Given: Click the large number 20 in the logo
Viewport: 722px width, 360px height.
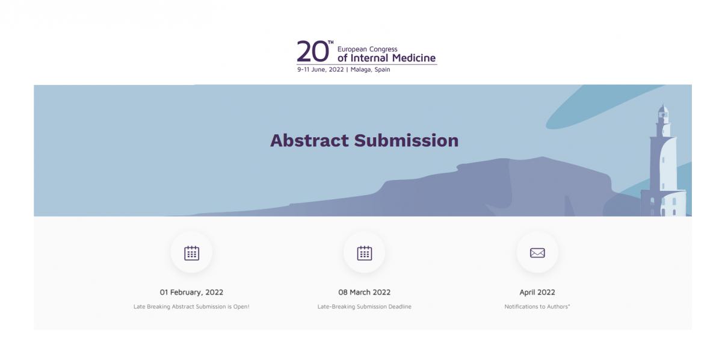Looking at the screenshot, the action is point(313,52).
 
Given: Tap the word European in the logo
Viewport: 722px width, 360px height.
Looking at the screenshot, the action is point(352,49).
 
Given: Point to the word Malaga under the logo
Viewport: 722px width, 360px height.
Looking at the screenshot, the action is point(361,70).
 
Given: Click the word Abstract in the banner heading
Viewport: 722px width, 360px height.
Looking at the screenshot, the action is point(309,141).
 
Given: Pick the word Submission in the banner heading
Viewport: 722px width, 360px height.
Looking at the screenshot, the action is point(406,141).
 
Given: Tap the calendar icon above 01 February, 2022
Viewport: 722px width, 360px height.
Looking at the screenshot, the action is point(191,253).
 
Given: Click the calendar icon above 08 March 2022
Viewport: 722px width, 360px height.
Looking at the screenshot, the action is point(364,253).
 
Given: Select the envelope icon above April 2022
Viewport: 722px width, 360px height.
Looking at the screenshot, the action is point(537,253).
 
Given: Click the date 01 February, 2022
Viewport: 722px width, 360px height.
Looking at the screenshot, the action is point(191,292).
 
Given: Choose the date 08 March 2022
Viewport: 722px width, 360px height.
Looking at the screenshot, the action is point(364,292).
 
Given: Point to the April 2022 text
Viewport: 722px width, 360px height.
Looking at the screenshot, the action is point(537,292).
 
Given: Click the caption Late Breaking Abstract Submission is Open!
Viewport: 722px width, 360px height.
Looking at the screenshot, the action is point(191,306).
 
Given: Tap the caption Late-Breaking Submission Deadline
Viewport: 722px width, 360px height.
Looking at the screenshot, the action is point(364,306).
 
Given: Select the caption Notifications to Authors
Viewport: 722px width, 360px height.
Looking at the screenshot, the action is point(537,306).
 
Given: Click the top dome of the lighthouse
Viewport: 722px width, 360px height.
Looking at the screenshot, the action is point(663,109).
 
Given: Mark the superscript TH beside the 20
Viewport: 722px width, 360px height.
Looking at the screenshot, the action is point(331,42).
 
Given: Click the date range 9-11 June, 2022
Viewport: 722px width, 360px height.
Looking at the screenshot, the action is point(320,70).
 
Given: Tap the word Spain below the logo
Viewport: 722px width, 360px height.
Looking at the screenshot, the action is point(382,70).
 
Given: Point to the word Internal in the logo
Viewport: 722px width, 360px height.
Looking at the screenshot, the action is point(369,58).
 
